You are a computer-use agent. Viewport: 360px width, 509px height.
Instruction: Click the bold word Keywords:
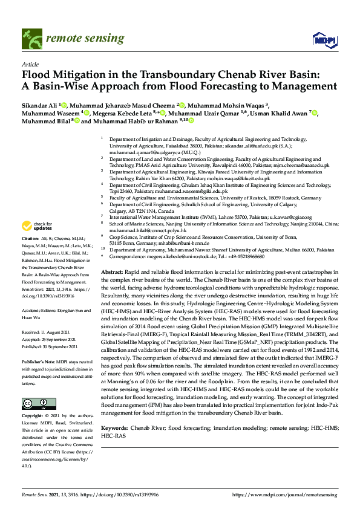point(116,427)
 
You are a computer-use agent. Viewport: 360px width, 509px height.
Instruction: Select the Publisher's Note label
point(39,361)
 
